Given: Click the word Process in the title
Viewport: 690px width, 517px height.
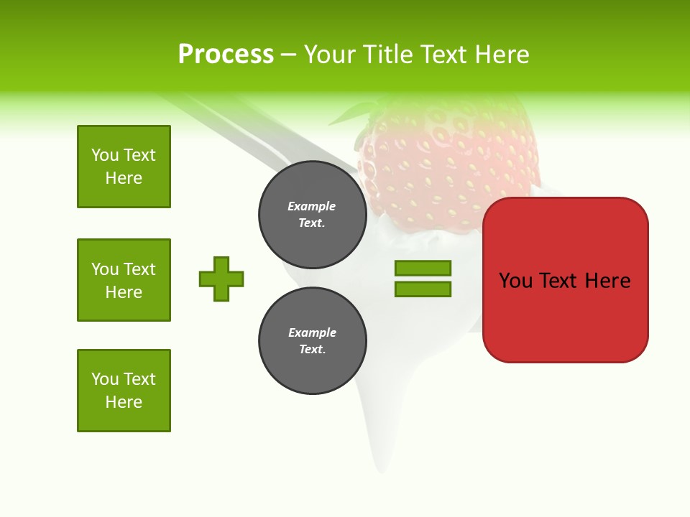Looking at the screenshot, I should point(226,55).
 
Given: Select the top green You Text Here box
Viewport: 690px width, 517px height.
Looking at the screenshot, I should point(124,167).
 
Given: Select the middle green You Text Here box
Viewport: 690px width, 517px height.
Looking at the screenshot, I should point(124,280).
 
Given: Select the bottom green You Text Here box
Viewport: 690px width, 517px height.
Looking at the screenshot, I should point(124,391).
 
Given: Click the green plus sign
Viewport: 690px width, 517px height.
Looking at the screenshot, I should point(221,279).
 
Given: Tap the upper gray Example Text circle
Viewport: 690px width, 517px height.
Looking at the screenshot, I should point(312,214).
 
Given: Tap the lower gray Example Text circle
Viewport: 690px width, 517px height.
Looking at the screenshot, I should point(312,340).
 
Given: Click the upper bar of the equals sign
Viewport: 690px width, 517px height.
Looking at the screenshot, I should point(423,268).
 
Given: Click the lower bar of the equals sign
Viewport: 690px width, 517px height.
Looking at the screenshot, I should point(423,289).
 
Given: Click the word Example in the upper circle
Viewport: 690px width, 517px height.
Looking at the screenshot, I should point(312,206).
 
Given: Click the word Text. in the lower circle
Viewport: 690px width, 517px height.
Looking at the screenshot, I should point(312,349).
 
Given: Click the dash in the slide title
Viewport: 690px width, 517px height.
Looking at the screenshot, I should point(288,55).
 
